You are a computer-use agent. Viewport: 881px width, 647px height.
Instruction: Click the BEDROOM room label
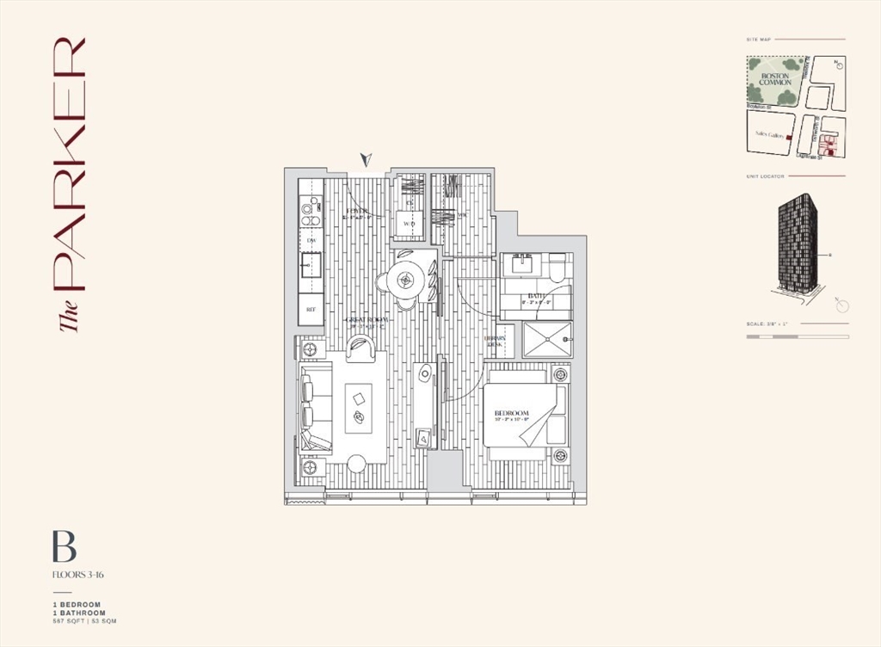511,415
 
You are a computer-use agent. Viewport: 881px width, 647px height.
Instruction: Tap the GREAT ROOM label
367,319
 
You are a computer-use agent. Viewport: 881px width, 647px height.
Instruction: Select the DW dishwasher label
311,240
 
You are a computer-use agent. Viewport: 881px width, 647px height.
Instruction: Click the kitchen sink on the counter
311,265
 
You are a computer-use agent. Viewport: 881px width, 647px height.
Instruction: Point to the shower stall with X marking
546,340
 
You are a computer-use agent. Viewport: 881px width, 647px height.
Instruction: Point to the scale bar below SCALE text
797,336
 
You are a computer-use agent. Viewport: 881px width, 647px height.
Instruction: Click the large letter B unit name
65,547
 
